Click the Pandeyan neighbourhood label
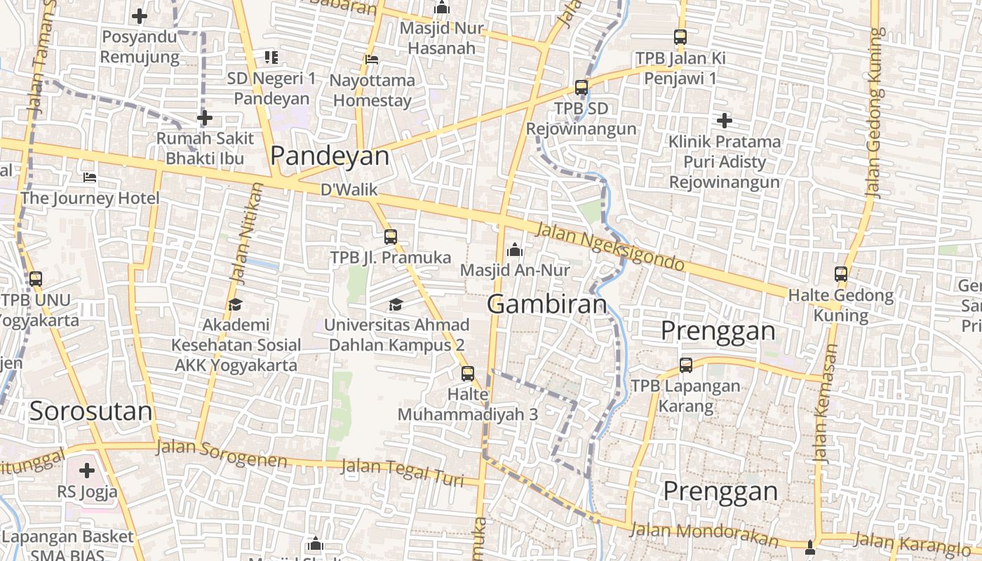330,156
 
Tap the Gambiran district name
546,304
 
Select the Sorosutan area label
90,412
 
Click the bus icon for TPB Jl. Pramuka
391,237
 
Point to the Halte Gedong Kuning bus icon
841,274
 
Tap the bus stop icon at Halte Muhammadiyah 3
468,374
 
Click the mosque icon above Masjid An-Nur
515,249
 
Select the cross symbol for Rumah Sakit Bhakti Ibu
205,118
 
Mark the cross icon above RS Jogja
87,471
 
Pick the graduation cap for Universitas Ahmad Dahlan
396,304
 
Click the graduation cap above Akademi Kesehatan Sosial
235,304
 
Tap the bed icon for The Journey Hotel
90,177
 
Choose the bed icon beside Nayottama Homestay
372,60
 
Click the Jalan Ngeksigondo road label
610,248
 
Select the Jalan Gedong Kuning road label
873,112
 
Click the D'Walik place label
349,190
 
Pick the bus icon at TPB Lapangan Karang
686,365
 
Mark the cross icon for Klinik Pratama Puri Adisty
725,121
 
